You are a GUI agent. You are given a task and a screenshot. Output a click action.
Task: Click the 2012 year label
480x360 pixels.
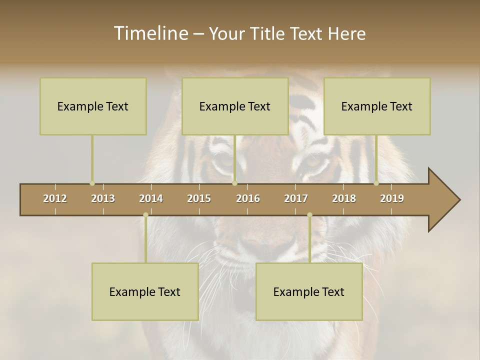55,198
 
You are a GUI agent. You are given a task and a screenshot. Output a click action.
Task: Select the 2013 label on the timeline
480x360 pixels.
103,198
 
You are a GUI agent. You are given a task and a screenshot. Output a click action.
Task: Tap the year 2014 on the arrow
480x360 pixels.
151,198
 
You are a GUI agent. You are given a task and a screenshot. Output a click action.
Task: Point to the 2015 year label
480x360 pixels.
199,198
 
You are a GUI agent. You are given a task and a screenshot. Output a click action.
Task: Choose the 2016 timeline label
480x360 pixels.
248,198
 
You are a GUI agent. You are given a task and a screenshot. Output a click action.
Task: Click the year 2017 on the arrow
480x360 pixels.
296,198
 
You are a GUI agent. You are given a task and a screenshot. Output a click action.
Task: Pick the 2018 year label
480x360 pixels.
344,198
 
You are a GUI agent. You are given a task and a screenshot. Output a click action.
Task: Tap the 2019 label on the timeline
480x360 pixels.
392,198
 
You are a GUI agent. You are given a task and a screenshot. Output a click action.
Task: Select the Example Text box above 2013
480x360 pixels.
93,106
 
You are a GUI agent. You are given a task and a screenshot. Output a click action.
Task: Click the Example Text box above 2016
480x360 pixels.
235,106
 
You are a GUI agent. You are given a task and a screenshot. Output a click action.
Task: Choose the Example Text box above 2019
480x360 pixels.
377,106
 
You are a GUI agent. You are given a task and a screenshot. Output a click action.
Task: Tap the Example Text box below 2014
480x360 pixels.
145,291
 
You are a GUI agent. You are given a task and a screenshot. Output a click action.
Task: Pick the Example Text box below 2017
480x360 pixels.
309,291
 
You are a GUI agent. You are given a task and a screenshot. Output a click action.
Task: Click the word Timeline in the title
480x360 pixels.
150,33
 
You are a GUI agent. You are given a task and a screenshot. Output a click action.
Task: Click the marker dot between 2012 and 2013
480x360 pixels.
92,183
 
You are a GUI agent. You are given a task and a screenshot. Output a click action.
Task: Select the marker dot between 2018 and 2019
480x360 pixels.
376,183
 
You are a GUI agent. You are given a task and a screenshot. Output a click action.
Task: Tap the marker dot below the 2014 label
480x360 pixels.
145,215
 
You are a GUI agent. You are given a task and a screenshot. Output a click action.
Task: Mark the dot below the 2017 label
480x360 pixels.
309,215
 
